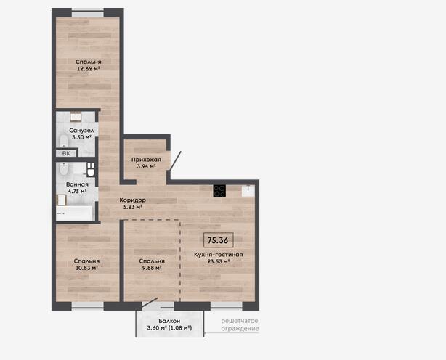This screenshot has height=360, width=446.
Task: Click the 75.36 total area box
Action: [x=219, y=240]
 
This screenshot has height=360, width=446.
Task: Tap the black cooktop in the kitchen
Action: [x=219, y=191]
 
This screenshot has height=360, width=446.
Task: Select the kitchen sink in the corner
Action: [x=248, y=191]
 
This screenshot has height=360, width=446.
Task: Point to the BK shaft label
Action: [x=66, y=153]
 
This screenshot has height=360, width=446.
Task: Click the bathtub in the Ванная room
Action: [x=75, y=213]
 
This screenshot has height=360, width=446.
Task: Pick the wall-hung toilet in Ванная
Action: [x=91, y=170]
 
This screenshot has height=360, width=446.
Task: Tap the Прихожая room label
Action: [x=146, y=160]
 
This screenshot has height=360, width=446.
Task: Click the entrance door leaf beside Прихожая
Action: [x=175, y=161]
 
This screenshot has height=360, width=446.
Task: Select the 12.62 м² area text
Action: [x=89, y=68]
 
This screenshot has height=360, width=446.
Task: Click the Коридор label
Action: [x=132, y=200]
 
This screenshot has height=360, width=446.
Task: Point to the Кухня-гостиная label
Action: [x=219, y=255]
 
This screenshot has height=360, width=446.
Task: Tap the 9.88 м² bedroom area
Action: [x=152, y=268]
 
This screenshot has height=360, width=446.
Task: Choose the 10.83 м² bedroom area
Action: [x=86, y=267]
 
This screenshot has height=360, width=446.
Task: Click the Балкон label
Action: [x=169, y=321]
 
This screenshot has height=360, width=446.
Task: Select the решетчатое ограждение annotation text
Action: [x=240, y=324]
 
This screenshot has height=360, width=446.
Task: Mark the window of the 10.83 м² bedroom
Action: [x=88, y=305]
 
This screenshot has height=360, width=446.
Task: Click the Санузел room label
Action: [x=81, y=131]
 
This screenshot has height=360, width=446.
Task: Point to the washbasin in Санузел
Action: [x=76, y=117]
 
